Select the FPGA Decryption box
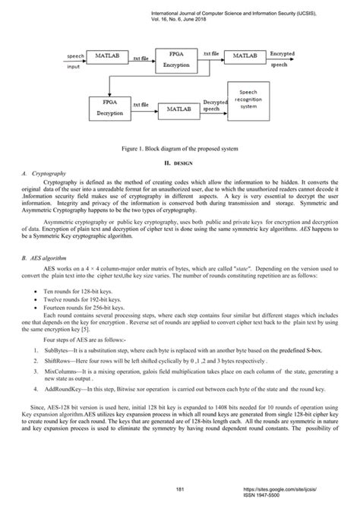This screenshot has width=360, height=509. pos(81,107)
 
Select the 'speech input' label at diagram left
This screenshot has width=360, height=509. pos(55,61)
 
